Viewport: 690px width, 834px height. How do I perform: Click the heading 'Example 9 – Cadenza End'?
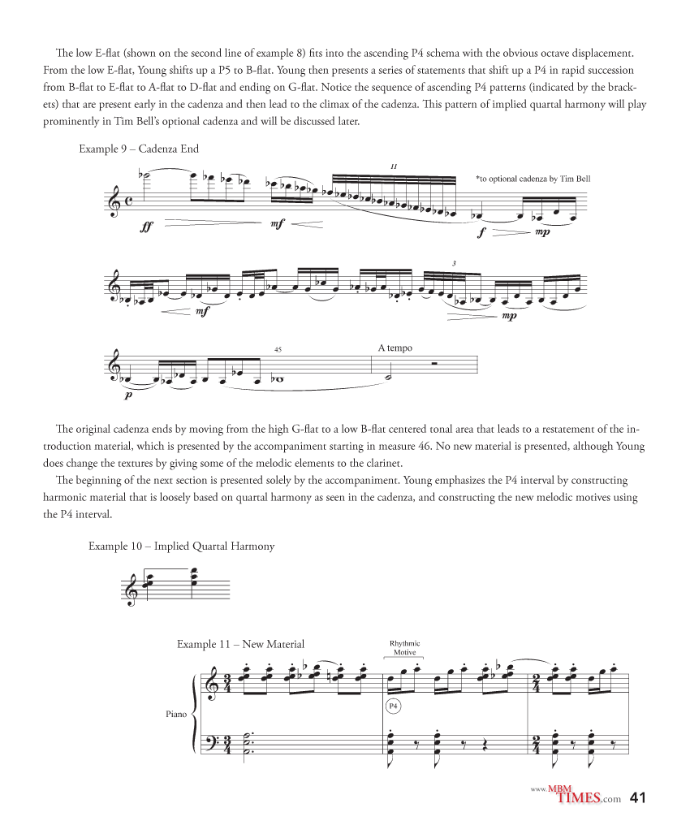pos(139,149)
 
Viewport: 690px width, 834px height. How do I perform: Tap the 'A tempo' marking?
pos(395,348)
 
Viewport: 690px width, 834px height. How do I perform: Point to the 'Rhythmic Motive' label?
pos(404,648)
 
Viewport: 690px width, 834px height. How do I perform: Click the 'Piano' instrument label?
pos(176,715)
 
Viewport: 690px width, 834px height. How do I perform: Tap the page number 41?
pos(638,798)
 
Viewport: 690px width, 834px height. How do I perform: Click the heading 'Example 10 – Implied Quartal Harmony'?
pos(181,547)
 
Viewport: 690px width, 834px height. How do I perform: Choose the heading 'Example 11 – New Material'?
pos(240,644)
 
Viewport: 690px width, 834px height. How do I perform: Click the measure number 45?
pos(278,349)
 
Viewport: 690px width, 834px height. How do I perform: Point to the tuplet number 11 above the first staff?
pos(393,166)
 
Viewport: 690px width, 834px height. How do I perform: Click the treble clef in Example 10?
pos(130,590)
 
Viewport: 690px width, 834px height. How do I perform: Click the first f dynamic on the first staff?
pos(482,231)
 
